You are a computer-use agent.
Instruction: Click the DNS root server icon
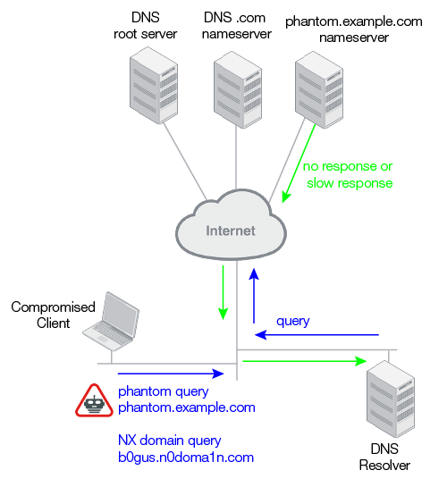154,86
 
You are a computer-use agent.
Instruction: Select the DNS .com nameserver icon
238,89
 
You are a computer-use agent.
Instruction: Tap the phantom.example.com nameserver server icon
319,89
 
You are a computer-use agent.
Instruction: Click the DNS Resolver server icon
391,399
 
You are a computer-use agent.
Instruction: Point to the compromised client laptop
111,322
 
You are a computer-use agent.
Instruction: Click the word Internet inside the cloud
231,231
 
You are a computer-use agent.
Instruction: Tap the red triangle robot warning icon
94,400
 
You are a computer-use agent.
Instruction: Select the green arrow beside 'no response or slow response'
299,164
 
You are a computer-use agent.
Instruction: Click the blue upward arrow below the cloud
254,296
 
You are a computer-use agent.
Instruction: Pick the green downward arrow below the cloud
223,292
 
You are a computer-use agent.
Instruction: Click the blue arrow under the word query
316,335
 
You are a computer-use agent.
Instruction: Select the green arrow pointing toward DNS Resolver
305,361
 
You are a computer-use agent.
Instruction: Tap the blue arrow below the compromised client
171,374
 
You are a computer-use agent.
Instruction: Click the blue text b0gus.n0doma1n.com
186,458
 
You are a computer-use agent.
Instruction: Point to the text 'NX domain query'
170,441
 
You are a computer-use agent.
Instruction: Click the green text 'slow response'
350,183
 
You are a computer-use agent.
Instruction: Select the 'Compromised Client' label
53,315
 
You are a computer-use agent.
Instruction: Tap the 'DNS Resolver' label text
384,458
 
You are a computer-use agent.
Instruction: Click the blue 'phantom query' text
164,392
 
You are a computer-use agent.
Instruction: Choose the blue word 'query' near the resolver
293,322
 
